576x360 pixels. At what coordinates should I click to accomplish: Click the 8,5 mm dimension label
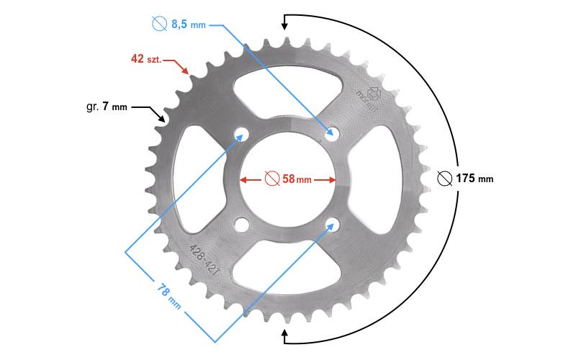[189, 24]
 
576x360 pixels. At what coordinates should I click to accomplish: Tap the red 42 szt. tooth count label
[146, 59]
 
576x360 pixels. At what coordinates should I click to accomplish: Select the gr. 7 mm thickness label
[107, 107]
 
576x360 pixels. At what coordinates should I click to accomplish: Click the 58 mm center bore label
[297, 179]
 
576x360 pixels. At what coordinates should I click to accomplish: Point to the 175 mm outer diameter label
[474, 179]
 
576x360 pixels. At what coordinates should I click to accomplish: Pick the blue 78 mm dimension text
[169, 296]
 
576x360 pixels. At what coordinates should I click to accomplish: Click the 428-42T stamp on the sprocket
[204, 260]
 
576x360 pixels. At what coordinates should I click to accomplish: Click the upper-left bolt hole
[241, 134]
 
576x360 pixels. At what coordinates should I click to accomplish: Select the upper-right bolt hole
[333, 133]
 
